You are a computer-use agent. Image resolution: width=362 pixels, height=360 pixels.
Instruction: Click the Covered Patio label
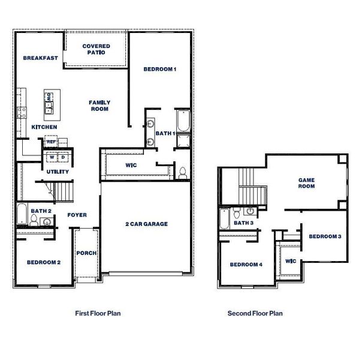tap(95, 49)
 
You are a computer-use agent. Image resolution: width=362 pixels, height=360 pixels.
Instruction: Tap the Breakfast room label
tap(40, 58)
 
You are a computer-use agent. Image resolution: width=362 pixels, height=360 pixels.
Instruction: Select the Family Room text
tap(99, 106)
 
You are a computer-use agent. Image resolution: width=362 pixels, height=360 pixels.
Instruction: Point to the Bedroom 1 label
tap(160, 70)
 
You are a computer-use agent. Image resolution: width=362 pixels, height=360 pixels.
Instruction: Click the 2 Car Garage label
tap(146, 224)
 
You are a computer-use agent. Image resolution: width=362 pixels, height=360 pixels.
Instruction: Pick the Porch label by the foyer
tap(87, 253)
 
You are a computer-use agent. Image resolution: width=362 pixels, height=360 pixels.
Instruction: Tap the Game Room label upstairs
tap(306, 182)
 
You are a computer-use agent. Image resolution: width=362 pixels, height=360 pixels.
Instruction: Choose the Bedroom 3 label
tap(325, 236)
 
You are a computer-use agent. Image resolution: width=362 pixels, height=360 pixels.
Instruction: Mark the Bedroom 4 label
tap(246, 265)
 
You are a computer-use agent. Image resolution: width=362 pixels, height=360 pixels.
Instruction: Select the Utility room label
tap(58, 172)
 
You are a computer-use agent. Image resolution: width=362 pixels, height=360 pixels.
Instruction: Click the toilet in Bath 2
tap(34, 223)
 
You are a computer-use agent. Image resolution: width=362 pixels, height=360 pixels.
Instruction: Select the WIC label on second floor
tap(291, 261)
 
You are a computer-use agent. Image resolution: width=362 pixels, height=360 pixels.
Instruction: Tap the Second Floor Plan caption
tap(255, 313)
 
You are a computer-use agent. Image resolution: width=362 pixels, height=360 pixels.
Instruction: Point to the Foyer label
tap(77, 214)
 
